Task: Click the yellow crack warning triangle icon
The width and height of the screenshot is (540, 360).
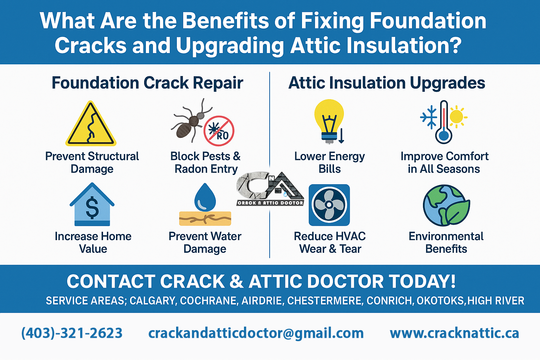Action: point(91,125)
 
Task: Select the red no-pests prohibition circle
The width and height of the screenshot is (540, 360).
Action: point(219,131)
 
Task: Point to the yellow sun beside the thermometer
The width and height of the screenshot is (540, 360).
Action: point(457,116)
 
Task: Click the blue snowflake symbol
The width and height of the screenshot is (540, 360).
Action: point(429,117)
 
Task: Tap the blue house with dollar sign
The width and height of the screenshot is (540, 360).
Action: point(92,205)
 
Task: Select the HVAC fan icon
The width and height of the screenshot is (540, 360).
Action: point(329,205)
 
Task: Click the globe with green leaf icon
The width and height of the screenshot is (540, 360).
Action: point(446,205)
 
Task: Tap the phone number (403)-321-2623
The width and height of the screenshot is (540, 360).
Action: point(72,333)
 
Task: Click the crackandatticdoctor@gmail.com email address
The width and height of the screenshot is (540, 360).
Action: point(256,333)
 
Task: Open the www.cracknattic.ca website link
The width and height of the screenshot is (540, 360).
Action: point(454,333)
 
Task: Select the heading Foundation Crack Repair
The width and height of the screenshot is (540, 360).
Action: point(147,83)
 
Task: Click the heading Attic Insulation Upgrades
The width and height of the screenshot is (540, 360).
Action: point(387,83)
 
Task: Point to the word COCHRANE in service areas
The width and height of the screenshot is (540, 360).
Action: point(208,301)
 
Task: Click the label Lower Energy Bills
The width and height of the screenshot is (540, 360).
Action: point(329,162)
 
